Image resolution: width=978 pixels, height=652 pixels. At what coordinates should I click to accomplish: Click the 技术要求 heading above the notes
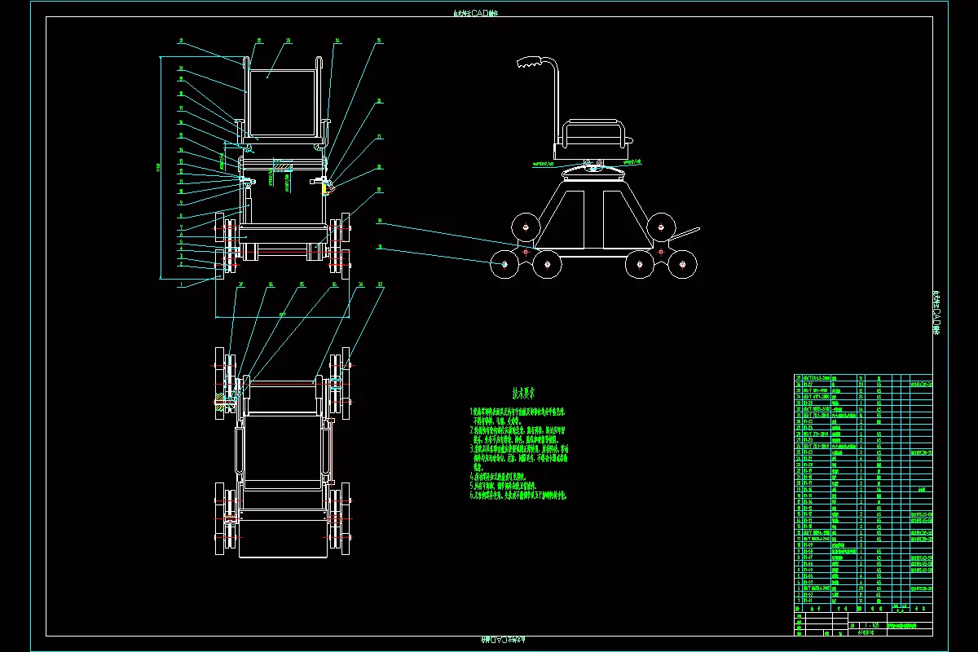pos(522,393)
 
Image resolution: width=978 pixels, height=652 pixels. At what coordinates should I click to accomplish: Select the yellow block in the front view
pos(324,189)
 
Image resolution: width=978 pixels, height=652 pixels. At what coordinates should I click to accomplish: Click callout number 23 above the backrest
pos(288,40)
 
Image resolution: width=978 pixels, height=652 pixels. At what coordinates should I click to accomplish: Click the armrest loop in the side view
pos(594,130)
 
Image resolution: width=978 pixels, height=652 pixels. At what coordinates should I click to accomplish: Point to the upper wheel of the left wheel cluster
pos(526,227)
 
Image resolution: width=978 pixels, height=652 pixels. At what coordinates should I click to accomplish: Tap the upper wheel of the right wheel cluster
pos(659,227)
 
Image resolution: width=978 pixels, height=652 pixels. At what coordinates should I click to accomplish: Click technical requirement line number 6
pos(518,495)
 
